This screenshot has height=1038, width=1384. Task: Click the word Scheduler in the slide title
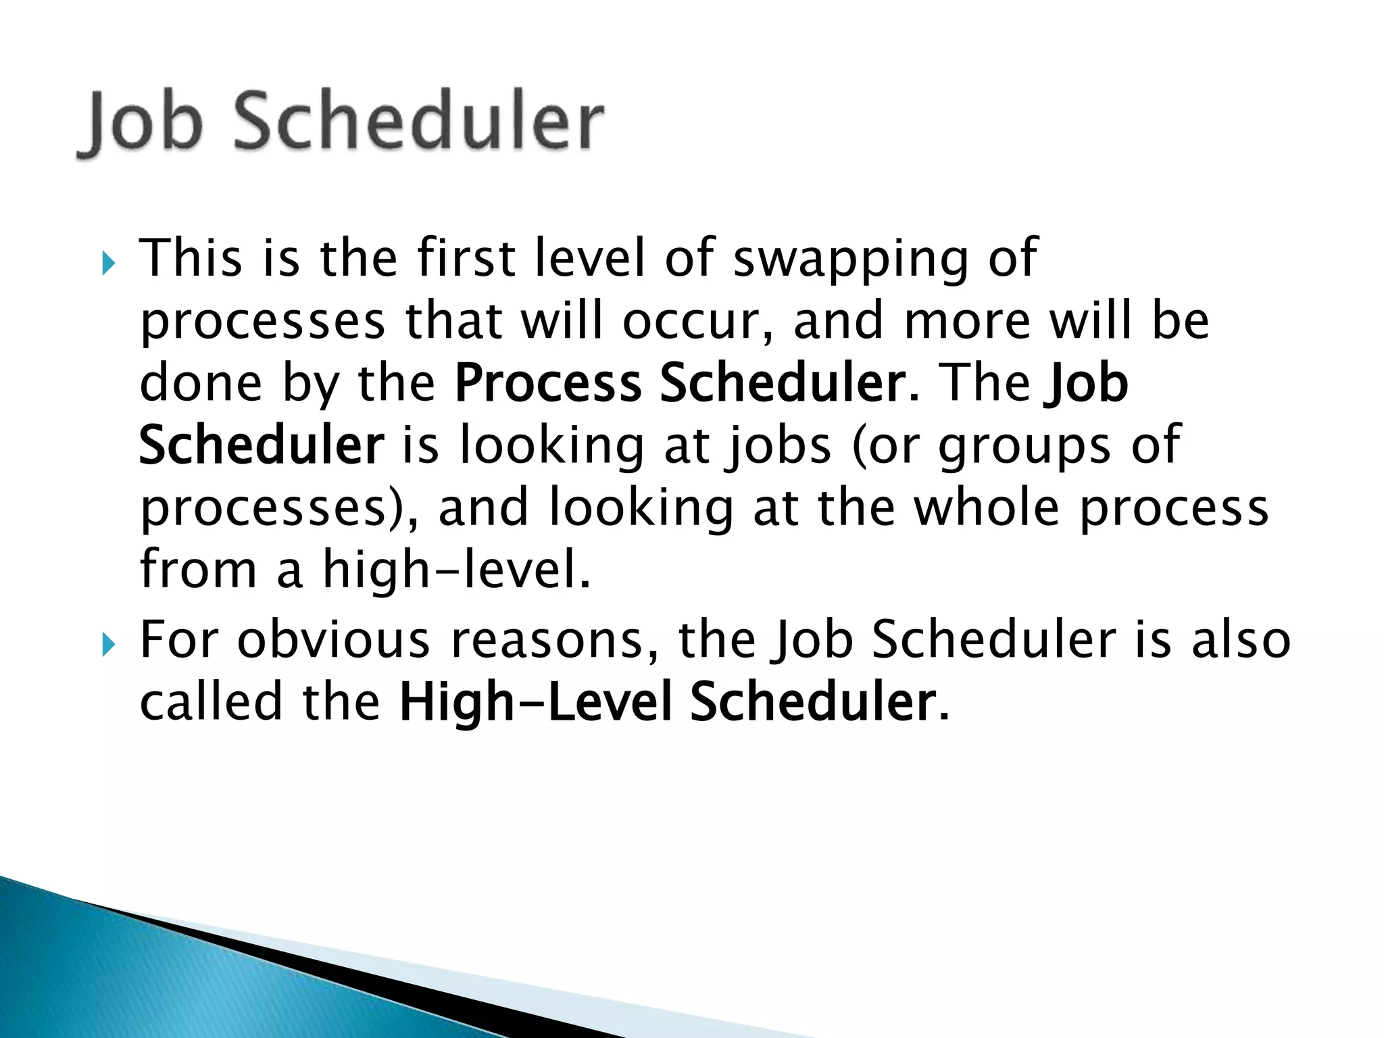click(418, 122)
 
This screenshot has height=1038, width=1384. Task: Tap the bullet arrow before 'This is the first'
click(108, 262)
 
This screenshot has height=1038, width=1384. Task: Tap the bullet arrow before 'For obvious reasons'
click(108, 645)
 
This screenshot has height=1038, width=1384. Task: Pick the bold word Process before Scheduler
click(548, 384)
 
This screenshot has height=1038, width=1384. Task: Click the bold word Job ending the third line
click(1086, 384)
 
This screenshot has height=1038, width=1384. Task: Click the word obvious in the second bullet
click(333, 640)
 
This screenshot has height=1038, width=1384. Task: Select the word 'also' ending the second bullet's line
click(1241, 640)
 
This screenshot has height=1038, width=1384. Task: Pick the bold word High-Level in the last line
click(535, 703)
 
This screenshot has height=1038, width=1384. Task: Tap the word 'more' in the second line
click(967, 322)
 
